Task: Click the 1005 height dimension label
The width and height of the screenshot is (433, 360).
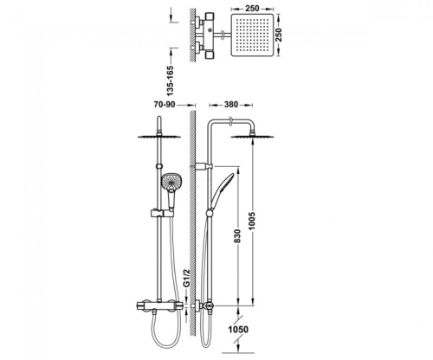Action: pyautogui.click(x=252, y=221)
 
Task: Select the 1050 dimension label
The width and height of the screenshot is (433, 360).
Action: pyautogui.click(x=238, y=329)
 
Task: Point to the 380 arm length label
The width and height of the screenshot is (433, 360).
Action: pyautogui.click(x=231, y=105)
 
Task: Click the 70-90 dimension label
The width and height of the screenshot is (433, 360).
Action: pyautogui.click(x=165, y=105)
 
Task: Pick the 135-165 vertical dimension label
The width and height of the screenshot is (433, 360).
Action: pyautogui.click(x=171, y=81)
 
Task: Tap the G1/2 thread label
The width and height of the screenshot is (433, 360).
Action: pyautogui.click(x=186, y=278)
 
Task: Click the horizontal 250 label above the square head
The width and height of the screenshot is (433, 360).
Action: pyautogui.click(x=252, y=9)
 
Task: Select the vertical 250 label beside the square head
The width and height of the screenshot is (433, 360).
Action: pyautogui.click(x=279, y=35)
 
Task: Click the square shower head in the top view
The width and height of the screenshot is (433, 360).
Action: pyautogui.click(x=252, y=35)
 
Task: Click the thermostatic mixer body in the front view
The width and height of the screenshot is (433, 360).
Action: pyautogui.click(x=159, y=305)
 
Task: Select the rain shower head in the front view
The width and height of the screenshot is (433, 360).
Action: pyautogui.click(x=159, y=136)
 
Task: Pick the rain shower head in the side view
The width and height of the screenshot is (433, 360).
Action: pyautogui.click(x=253, y=136)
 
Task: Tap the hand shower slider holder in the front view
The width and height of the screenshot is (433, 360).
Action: pyautogui.click(x=162, y=214)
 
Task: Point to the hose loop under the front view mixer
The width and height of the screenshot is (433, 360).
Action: pyautogui.click(x=166, y=331)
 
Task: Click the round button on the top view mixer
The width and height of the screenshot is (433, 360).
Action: pyautogui.click(x=210, y=29)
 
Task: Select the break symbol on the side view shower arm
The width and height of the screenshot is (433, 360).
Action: pyautogui.click(x=230, y=120)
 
